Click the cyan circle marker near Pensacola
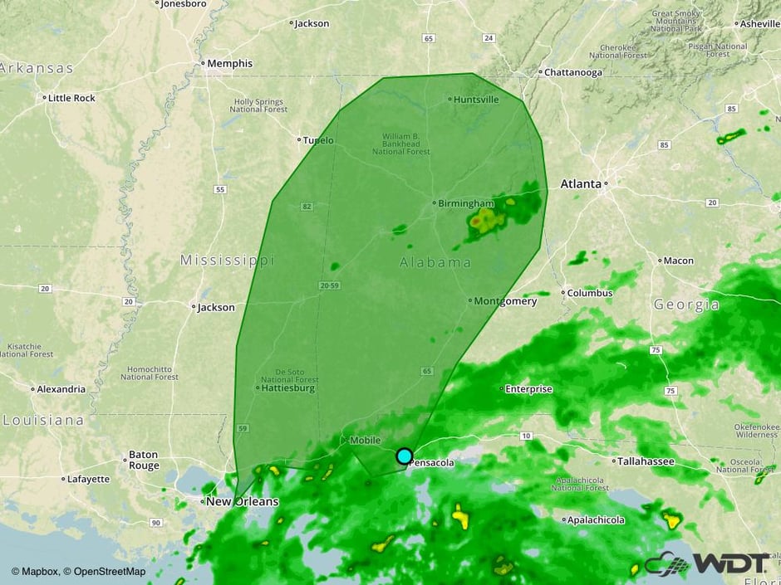point(404,456)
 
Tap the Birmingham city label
point(466,202)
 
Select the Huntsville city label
point(476,100)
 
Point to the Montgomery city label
point(506,301)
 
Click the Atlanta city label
point(582,183)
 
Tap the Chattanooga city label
point(573,72)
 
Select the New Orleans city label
point(243,502)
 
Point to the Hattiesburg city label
point(287,388)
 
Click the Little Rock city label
point(72,98)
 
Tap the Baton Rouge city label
point(143,460)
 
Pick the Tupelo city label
point(319,140)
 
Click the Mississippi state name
point(227,261)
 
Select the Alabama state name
point(435,263)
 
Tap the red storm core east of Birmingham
point(475,222)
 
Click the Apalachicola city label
point(595,520)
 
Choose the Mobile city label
point(365,440)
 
